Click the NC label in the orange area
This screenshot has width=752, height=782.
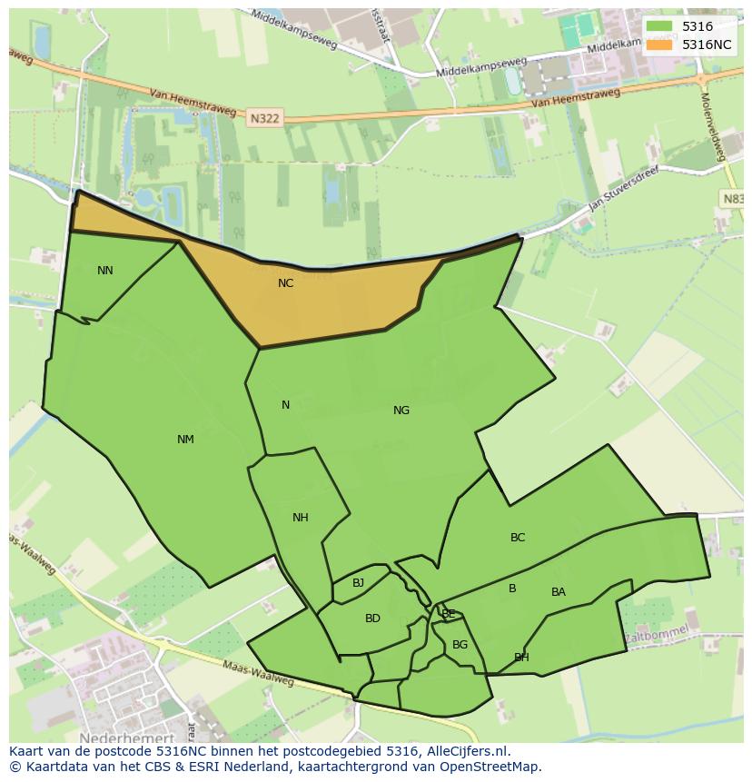pos(285,283)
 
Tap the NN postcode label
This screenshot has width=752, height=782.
pos(105,271)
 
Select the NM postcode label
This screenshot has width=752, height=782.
pos(185,440)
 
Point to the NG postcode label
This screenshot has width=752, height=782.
pos(401,411)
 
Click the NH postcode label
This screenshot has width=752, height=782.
pos(301,518)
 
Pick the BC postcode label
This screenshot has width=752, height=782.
pos(518,538)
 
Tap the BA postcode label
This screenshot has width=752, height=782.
pos(559,592)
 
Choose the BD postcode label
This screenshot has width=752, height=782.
pos(372,619)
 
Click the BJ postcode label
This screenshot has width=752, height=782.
pos(358,583)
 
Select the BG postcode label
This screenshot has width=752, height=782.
pos(460,645)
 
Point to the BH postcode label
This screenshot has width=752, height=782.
pos(521,658)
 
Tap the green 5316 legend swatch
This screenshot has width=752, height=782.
pos(660,26)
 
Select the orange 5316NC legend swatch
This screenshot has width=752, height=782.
pos(660,45)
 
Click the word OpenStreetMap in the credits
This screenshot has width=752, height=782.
pos(491,767)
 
